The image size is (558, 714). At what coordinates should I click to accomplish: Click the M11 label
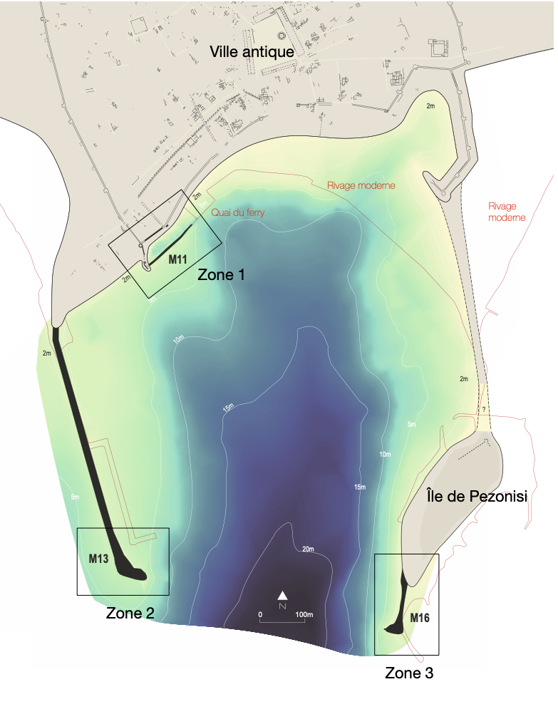[178, 260]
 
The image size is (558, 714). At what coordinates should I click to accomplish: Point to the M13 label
[98, 559]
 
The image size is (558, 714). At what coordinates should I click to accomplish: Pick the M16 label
[420, 617]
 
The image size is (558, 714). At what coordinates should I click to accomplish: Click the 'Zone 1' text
[221, 274]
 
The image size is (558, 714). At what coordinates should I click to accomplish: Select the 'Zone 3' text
[409, 672]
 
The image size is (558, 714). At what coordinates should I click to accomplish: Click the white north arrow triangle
[283, 595]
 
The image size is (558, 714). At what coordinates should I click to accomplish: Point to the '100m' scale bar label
[304, 614]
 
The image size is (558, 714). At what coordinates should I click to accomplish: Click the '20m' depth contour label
[308, 549]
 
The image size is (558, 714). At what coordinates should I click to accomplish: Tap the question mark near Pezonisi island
[484, 410]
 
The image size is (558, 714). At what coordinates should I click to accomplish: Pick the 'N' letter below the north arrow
[283, 606]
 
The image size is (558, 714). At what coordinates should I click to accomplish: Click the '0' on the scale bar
[260, 614]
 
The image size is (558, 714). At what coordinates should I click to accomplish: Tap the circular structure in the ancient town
[281, 36]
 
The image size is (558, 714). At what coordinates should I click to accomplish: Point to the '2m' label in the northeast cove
[430, 105]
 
